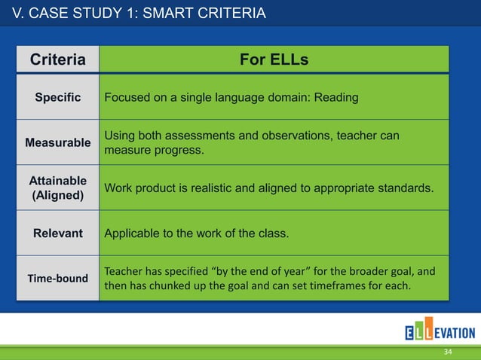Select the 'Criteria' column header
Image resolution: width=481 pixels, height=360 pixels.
[x=57, y=59]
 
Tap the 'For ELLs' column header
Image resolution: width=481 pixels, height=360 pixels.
[x=274, y=59]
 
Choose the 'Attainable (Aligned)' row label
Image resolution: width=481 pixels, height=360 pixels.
[x=57, y=188]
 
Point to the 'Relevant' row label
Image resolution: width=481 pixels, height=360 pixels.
[x=57, y=233]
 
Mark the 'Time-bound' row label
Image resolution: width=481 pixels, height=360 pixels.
[x=57, y=278]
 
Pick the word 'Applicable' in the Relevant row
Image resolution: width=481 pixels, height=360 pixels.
[x=130, y=233]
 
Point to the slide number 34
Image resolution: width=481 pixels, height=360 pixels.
[x=448, y=352]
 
